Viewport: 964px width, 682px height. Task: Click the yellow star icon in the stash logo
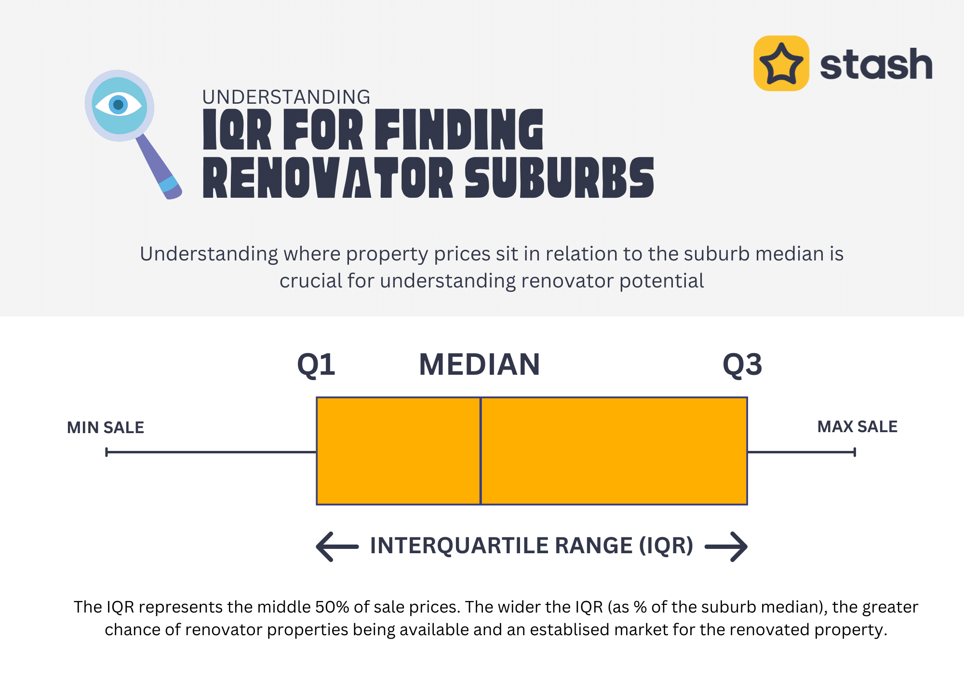(x=781, y=63)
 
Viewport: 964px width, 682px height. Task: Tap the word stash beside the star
(x=876, y=64)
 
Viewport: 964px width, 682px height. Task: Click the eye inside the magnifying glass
(x=119, y=105)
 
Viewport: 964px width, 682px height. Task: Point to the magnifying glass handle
(x=159, y=167)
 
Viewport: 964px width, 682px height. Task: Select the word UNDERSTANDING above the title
(x=286, y=97)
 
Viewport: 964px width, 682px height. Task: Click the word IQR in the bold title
(x=237, y=129)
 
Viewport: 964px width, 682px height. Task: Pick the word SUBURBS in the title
(x=560, y=177)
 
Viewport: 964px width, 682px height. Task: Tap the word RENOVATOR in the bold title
(x=328, y=177)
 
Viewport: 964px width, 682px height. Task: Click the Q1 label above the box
(x=316, y=364)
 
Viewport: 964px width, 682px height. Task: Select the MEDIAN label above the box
(x=480, y=364)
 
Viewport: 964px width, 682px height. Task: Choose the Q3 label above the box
(x=742, y=364)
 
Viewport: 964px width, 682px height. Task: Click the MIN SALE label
(x=106, y=427)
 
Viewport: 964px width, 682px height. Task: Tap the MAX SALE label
(x=857, y=426)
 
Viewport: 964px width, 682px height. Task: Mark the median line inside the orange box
(x=481, y=451)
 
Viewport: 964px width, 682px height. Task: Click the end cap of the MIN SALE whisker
(x=107, y=452)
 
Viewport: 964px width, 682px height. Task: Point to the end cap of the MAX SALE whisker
(x=855, y=452)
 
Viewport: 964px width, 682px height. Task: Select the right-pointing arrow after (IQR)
(x=726, y=546)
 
